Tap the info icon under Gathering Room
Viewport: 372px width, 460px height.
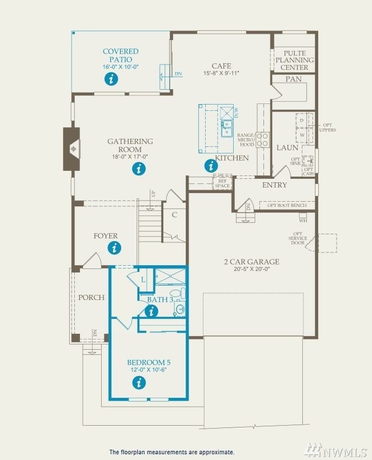[x=138, y=169]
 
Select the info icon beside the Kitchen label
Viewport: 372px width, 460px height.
[x=211, y=166]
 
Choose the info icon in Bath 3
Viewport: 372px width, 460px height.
[x=151, y=311]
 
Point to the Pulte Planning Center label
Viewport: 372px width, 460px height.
[x=294, y=60]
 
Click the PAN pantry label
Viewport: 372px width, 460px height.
[x=293, y=79]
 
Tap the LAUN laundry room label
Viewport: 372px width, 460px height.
[x=287, y=147]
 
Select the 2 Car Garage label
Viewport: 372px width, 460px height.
[x=251, y=262]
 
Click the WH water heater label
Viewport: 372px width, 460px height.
[x=303, y=221]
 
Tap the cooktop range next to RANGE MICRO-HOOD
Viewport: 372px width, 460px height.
[x=263, y=139]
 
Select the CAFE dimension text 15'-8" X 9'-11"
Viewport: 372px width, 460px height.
[x=221, y=73]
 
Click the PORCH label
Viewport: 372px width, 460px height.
[x=91, y=297]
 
